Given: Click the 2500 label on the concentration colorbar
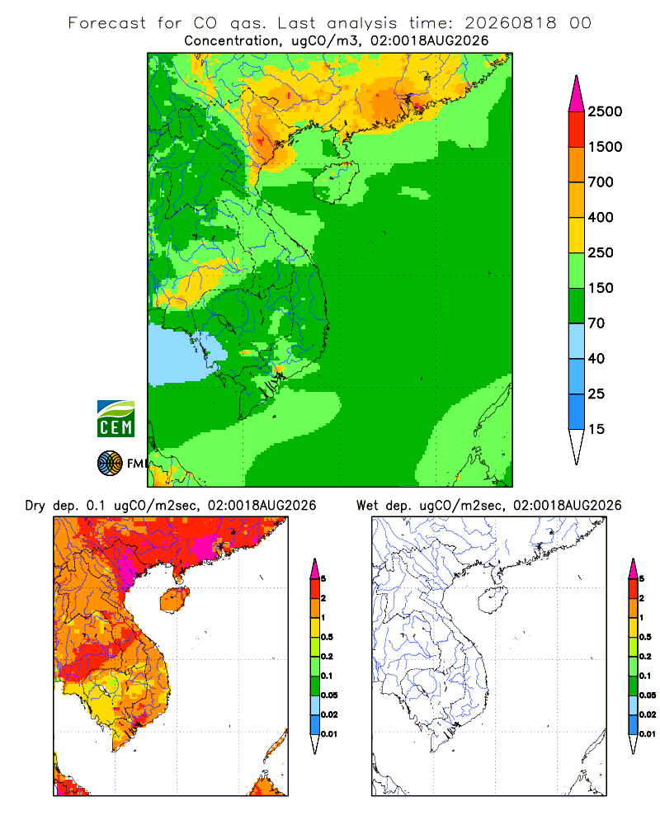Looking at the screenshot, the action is [605, 111].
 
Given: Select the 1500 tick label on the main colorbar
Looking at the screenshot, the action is [605, 147].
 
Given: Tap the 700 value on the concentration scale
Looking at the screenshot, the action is [601, 182].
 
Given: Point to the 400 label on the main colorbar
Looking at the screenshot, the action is [601, 217].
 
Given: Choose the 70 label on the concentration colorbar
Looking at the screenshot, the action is [596, 323].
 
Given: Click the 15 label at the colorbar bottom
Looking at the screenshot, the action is [596, 429].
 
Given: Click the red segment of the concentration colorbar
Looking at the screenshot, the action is [577, 130].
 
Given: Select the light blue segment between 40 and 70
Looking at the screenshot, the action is [577, 341].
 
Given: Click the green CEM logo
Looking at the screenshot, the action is [115, 419].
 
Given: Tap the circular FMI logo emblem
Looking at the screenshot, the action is [110, 464].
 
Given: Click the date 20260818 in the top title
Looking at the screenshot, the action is [510, 23].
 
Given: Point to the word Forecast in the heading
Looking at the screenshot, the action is [107, 23].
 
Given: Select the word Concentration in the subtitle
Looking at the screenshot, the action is [232, 41].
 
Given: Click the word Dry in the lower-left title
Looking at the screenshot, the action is [35, 507].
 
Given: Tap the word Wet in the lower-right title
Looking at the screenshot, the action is [367, 506].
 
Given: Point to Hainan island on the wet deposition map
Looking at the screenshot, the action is [493, 599].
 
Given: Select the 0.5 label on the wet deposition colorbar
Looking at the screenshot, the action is [645, 637].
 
